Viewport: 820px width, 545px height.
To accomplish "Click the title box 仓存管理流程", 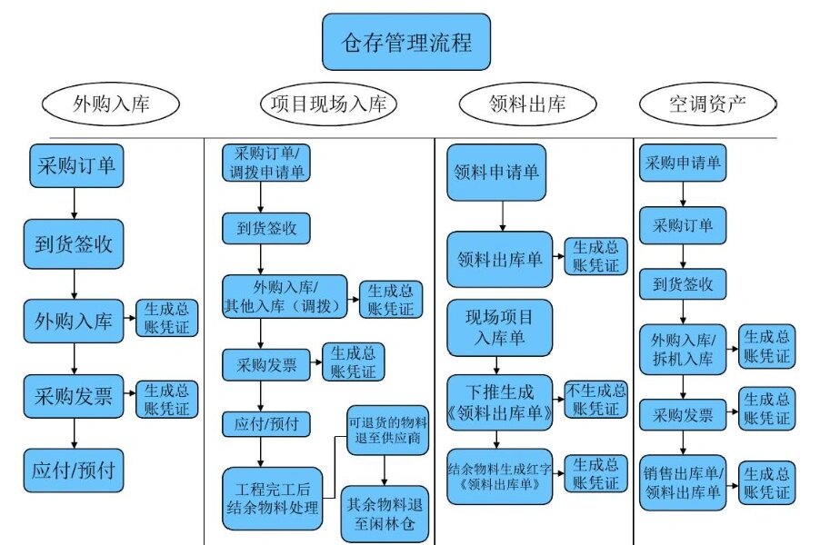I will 406,43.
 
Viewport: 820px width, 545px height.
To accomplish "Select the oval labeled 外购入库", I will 108,105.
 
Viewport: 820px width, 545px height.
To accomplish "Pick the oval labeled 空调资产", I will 708,104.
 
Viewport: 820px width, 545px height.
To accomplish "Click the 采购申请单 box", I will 683,163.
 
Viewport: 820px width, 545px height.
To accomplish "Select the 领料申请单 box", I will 497,172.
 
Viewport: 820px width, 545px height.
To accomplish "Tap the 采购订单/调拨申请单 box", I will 265,162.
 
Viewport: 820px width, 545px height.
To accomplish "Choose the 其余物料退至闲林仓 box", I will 385,514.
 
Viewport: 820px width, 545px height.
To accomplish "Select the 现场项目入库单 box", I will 499,327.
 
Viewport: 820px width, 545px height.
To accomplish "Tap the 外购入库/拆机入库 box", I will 683,348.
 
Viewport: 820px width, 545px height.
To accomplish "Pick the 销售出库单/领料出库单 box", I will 683,482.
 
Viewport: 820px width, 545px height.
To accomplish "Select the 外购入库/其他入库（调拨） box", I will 285,297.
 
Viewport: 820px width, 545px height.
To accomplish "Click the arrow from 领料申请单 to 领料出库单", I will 501,215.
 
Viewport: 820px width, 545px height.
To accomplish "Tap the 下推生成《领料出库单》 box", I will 499,400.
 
